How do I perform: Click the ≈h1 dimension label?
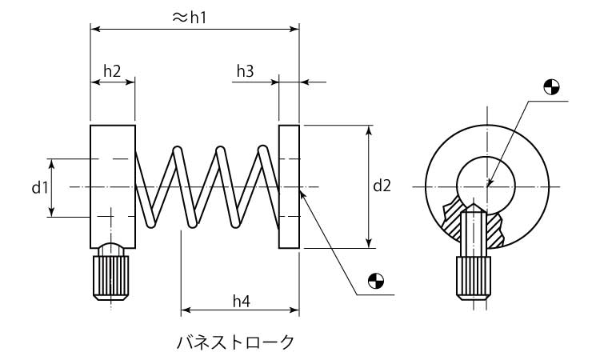coord(190,17)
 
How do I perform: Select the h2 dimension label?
coord(112,71)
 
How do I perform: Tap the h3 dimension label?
coord(245,71)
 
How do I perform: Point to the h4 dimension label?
coord(242,301)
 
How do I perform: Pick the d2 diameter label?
coord(382,186)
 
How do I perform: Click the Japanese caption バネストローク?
coord(235,342)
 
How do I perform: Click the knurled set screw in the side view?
coord(111,275)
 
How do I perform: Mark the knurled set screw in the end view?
coord(472,277)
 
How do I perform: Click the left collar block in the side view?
coord(112,186)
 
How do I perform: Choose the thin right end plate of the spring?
coord(289,186)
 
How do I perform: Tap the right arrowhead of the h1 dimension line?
coord(294,29)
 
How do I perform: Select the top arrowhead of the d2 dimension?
coord(369,130)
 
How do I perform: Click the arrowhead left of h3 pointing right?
coord(274,82)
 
